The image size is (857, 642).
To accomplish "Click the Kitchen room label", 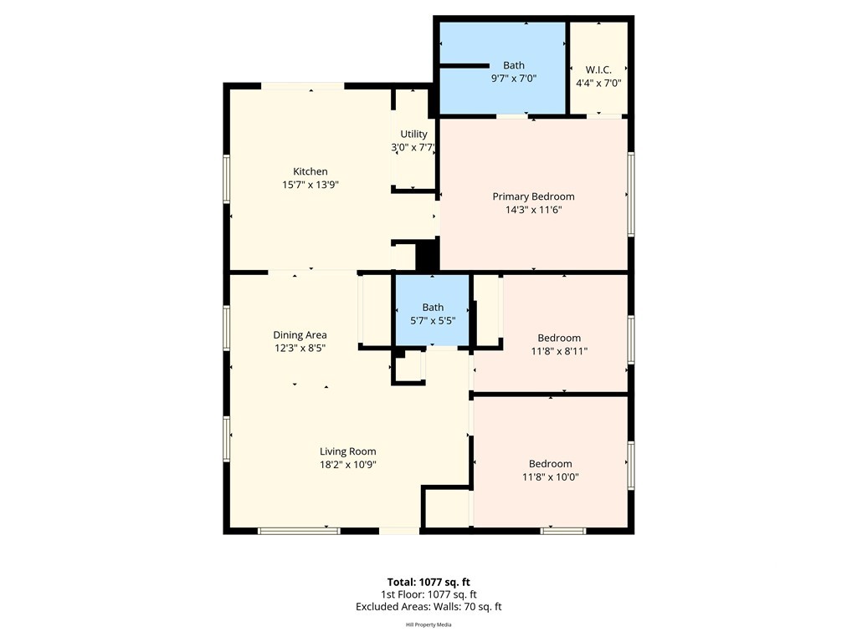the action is (x=310, y=171).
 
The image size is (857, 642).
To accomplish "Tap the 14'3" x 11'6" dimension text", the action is (x=533, y=210).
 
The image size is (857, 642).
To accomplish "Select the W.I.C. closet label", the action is (x=598, y=70).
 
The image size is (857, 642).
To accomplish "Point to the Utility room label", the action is (x=413, y=135).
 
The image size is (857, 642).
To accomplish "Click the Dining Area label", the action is (x=300, y=335).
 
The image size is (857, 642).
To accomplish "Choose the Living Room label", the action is (x=347, y=451).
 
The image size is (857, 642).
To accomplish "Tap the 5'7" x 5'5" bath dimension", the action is (x=433, y=321).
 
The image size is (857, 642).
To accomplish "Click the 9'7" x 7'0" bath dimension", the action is (x=514, y=79).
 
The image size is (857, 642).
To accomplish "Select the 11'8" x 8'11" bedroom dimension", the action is (x=559, y=352).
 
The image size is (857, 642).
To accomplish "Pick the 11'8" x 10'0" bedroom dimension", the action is (x=551, y=477).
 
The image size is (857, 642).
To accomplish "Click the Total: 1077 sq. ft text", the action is (x=428, y=582).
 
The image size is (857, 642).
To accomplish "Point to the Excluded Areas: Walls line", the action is (x=428, y=607).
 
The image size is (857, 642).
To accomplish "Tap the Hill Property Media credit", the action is (x=428, y=624).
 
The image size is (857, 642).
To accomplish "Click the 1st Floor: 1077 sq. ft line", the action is (x=428, y=594).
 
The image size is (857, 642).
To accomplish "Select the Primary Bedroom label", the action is (x=533, y=196).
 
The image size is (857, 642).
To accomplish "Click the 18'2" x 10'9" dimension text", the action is (x=347, y=465).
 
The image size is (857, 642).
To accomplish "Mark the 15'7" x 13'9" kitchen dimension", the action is (x=310, y=185).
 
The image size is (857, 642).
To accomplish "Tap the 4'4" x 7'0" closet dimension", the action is (x=598, y=84).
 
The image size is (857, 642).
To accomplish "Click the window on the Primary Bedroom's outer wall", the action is (x=631, y=194).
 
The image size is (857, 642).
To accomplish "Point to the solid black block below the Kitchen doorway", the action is (x=428, y=256).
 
